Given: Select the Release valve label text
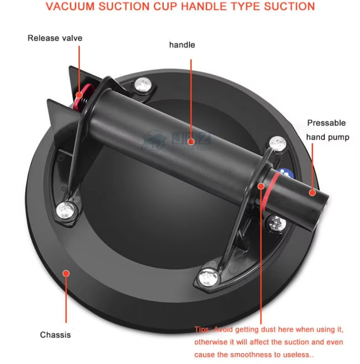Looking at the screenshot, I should pyautogui.click(x=55, y=38).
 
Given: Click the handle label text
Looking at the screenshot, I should pyautogui.click(x=182, y=45).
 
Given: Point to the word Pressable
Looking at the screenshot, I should pyautogui.click(x=326, y=123).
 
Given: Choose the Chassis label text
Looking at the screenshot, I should pyautogui.click(x=55, y=335).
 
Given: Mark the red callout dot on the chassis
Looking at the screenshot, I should pyautogui.click(x=66, y=273).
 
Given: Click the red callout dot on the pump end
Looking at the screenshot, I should pyautogui.click(x=312, y=192).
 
